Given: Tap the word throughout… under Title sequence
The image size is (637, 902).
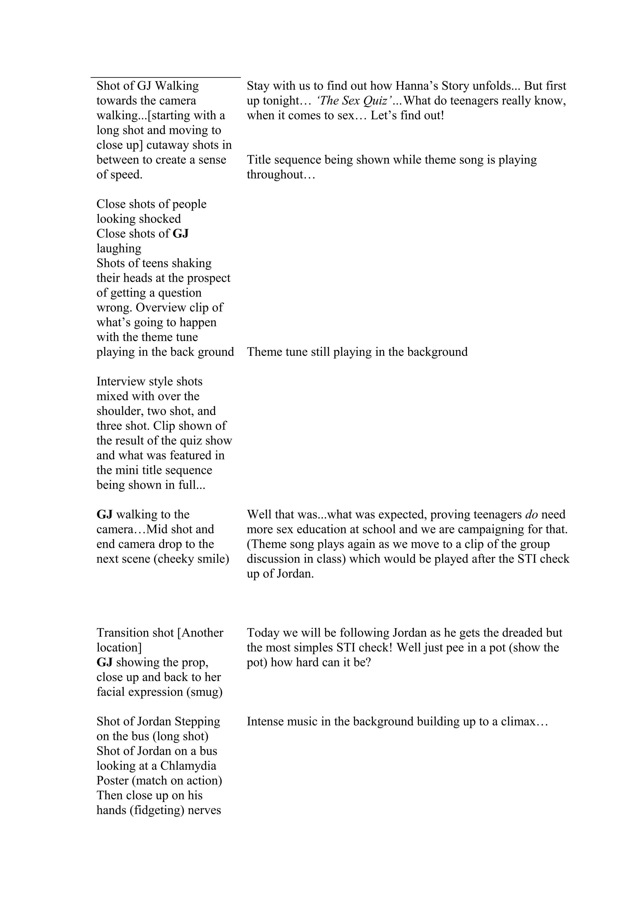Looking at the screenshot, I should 281,174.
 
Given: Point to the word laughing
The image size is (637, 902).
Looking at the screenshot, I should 119,248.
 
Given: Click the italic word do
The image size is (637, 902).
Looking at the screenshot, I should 531,514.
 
